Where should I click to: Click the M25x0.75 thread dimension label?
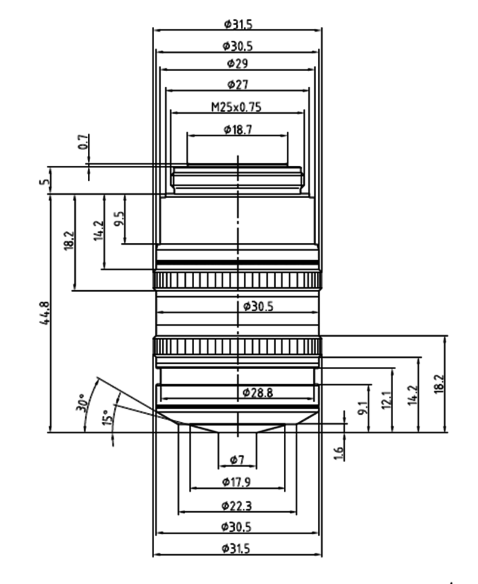[x=236, y=107]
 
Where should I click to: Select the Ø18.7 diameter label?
[x=238, y=130]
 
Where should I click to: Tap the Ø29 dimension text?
[x=237, y=63]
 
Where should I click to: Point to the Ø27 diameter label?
[x=237, y=85]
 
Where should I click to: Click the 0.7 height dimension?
[x=84, y=142]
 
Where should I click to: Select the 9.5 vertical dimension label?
[x=119, y=219]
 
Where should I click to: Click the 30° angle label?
[x=82, y=402]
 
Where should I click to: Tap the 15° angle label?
[x=108, y=418]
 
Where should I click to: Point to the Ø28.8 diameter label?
[x=258, y=393]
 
